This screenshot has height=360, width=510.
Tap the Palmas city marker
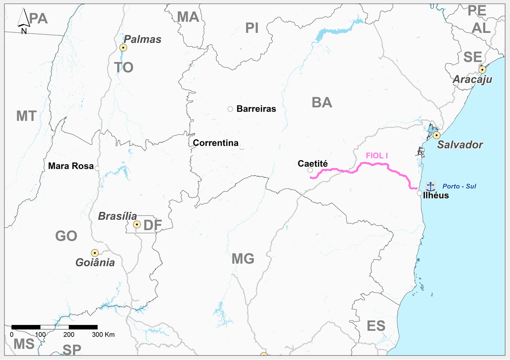click(123, 47)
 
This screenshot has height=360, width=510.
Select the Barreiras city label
click(256, 109)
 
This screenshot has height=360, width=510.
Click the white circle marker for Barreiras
click(230, 109)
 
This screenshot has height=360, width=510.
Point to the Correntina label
click(216, 143)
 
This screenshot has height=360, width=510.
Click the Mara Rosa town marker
click(97, 168)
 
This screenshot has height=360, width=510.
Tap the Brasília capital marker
click(137, 225)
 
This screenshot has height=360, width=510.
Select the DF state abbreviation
click(153, 225)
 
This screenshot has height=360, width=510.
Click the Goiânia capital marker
click(94, 253)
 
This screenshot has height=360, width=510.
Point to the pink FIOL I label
click(377, 156)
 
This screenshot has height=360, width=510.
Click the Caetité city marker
click(310, 170)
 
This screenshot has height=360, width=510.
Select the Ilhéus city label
click(436, 195)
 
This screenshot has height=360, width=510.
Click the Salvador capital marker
click(437, 135)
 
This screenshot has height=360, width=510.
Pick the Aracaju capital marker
click(483, 69)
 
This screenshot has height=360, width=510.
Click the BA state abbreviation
click(322, 102)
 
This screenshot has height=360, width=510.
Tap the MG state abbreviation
click(243, 258)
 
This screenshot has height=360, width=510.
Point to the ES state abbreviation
click(376, 326)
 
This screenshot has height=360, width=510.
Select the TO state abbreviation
click(124, 67)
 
